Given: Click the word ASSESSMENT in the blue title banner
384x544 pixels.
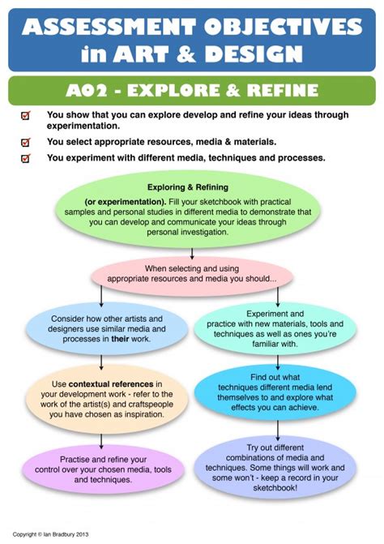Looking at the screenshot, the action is tap(110, 27).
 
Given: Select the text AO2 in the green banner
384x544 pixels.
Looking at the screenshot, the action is tap(82, 91).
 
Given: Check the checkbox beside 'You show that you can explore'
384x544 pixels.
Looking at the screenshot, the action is tap(26, 116).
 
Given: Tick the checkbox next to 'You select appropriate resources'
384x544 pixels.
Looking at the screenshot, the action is tap(26, 142).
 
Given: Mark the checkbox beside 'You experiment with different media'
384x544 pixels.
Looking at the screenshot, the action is tap(26, 159).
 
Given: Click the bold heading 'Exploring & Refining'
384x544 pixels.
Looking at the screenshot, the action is tap(188, 187).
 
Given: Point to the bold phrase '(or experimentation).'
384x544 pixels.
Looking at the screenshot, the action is tap(126, 202).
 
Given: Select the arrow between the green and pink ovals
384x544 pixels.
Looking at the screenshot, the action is tap(192, 253).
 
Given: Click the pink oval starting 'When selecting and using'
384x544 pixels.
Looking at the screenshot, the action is tap(192, 276).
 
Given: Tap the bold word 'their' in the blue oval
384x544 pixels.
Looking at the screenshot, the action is tap(120, 339).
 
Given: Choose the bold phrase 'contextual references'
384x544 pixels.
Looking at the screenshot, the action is tap(111, 384).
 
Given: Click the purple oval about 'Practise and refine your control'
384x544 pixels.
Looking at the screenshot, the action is tap(103, 469).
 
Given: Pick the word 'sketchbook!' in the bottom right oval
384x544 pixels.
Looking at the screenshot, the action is tap(275, 488).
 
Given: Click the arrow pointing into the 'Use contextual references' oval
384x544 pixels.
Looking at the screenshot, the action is tap(101, 362).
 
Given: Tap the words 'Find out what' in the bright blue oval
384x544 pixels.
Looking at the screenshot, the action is tap(275, 377).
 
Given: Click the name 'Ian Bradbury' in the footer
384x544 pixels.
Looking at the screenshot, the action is tap(59, 534).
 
